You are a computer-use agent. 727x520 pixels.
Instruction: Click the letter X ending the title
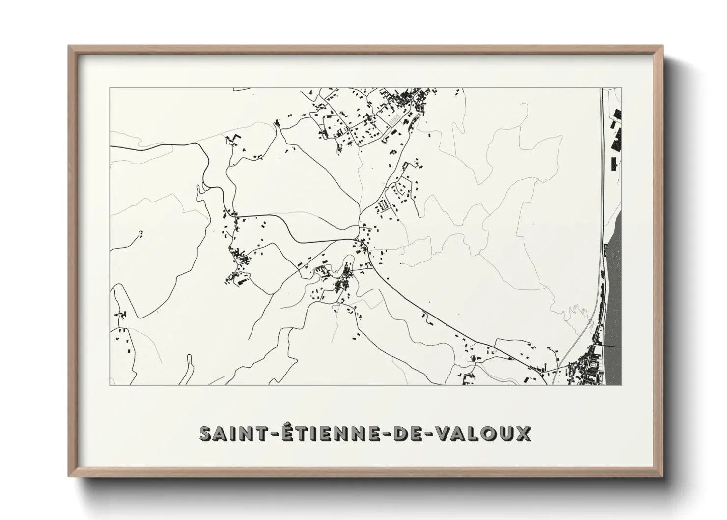(x=522, y=433)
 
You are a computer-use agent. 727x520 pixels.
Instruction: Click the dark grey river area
(x=614, y=295)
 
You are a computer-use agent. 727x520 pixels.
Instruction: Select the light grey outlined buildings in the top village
(x=393, y=119)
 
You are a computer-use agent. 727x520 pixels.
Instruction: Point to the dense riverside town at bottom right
(x=589, y=369)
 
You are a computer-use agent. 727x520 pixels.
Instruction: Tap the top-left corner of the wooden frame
(x=69, y=47)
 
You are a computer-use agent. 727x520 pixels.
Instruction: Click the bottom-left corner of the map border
(x=110, y=385)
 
